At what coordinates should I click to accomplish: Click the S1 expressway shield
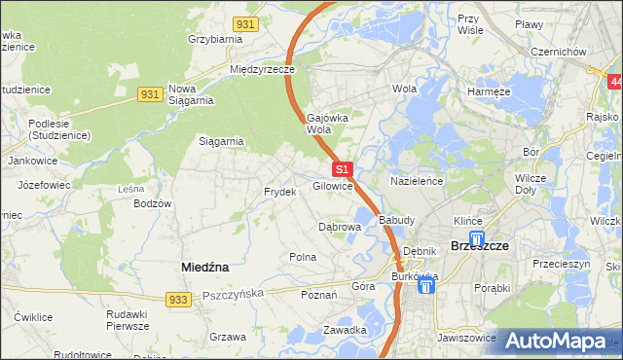[x=342, y=169]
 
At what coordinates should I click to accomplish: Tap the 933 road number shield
[x=177, y=301]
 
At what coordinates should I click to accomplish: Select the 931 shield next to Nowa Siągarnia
[x=149, y=93]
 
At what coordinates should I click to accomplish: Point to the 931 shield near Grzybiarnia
[x=246, y=22]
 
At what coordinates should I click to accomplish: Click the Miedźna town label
[x=205, y=266]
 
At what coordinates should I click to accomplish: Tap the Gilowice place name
[x=332, y=186]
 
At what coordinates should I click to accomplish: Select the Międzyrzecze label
[x=261, y=70]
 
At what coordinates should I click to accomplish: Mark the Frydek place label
[x=279, y=193]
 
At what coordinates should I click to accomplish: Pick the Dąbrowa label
[x=341, y=227]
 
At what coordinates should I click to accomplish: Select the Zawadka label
[x=346, y=330]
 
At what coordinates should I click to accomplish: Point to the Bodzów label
[x=153, y=203]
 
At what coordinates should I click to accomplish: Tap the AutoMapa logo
[x=556, y=342]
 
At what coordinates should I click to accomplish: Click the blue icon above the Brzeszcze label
[x=476, y=237]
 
